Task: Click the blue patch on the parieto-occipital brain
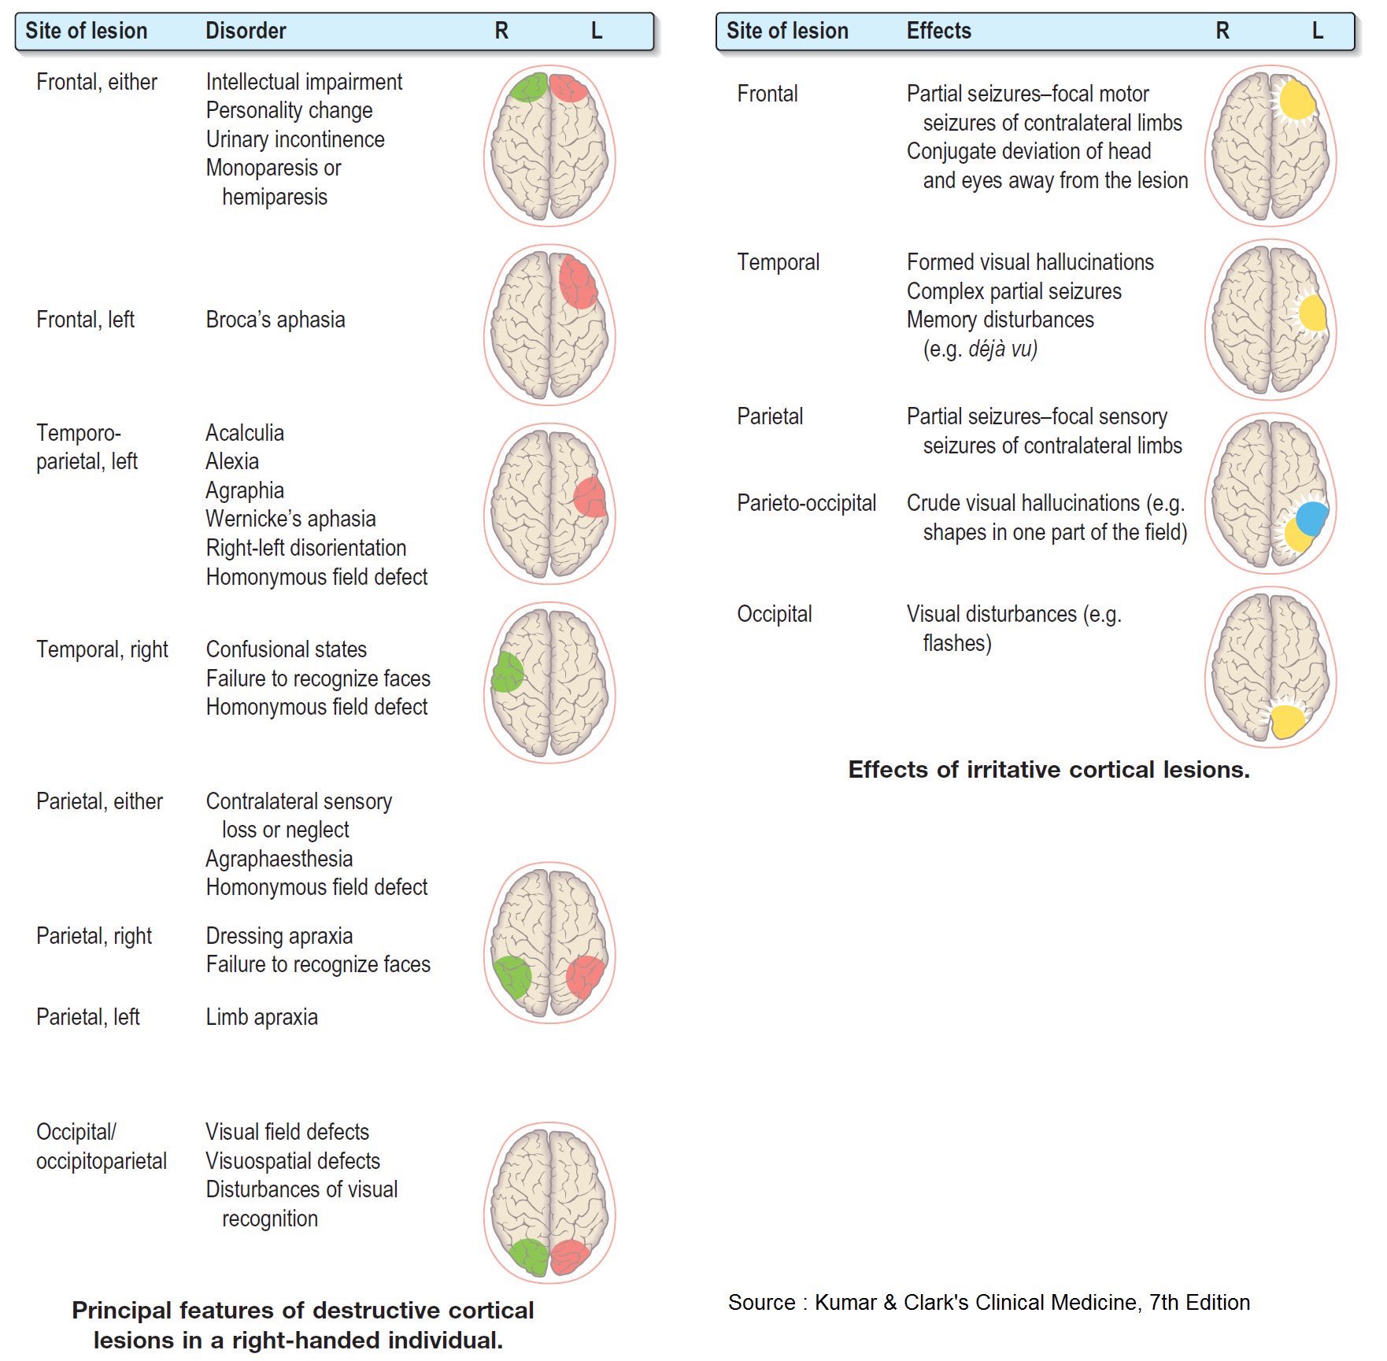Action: (x=1312, y=519)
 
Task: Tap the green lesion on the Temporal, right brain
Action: (x=507, y=672)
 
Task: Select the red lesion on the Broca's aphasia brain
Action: (x=578, y=283)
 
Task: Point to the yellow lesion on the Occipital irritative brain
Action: (x=1287, y=721)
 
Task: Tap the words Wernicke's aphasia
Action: (x=290, y=519)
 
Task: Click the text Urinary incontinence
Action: (x=295, y=139)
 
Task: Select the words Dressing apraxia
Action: (x=279, y=936)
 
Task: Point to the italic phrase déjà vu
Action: (x=1002, y=349)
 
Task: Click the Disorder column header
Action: (x=246, y=31)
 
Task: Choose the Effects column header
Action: (x=938, y=31)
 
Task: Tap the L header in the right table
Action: (x=1317, y=31)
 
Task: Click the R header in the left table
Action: (x=501, y=31)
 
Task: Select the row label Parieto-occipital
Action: (x=806, y=503)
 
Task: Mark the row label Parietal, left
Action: (x=87, y=1017)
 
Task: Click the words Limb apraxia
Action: (x=261, y=1017)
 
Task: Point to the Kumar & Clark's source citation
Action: (x=989, y=1303)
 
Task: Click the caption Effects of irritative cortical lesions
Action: (x=1049, y=770)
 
